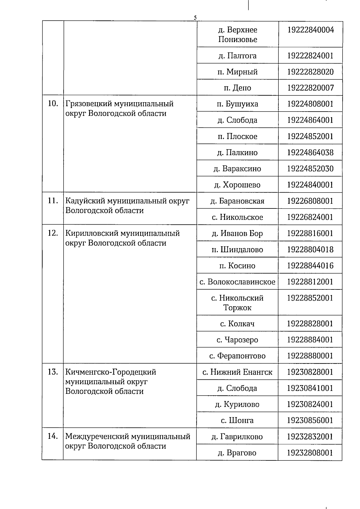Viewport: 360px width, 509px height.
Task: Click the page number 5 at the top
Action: pyautogui.click(x=195, y=18)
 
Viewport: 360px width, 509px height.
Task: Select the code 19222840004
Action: pyautogui.click(x=310, y=30)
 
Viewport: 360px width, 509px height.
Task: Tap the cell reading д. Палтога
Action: pyautogui.click(x=237, y=56)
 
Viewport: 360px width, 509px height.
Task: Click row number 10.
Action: pyautogui.click(x=53, y=104)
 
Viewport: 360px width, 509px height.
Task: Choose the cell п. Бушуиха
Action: pyautogui.click(x=237, y=104)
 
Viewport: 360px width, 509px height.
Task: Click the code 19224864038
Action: pyautogui.click(x=310, y=153)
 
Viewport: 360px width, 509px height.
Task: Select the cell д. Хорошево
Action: pyautogui.click(x=237, y=185)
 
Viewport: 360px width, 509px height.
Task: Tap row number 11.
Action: pyautogui.click(x=53, y=201)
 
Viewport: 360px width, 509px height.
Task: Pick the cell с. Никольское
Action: pyautogui.click(x=237, y=217)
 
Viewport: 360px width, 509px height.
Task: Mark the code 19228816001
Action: pyautogui.click(x=310, y=233)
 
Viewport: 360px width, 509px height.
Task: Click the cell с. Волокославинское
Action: pyautogui.click(x=237, y=282)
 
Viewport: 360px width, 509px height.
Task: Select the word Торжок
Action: pyautogui.click(x=237, y=308)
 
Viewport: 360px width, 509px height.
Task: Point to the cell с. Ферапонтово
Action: pyautogui.click(x=237, y=356)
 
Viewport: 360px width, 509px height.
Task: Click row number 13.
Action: pyautogui.click(x=53, y=372)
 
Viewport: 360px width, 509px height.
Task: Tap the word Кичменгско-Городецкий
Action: pyautogui.click(x=111, y=372)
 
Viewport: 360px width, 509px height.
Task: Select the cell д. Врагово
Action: pyautogui.click(x=237, y=453)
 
